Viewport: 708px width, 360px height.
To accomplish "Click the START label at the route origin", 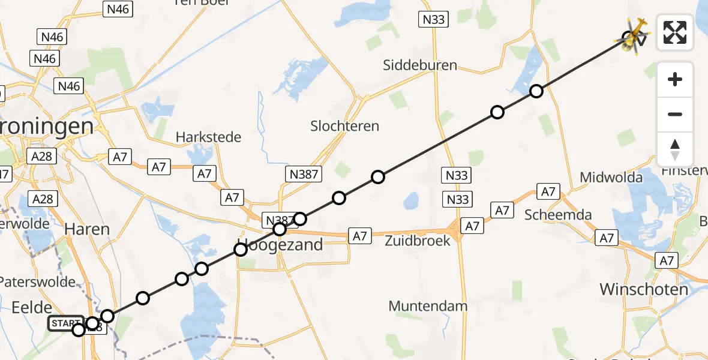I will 65,323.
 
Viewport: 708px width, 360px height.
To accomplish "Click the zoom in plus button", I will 675,79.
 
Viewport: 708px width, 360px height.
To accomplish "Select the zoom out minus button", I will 675,114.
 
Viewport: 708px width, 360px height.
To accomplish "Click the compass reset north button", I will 675,149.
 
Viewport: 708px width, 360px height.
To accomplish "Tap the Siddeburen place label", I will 420,65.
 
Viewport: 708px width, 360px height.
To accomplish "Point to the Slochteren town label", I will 344,126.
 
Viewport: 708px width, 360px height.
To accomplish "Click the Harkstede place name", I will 208,137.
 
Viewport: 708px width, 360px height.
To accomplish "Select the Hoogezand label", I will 280,245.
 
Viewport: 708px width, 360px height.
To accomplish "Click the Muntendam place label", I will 428,306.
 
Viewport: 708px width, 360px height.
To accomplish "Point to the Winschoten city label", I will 644,290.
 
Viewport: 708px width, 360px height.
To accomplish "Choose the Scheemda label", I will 558,215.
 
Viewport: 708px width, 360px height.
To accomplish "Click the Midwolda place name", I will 611,177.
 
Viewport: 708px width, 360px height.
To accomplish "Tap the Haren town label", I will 87,229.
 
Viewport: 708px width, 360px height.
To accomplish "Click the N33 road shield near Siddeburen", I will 433,20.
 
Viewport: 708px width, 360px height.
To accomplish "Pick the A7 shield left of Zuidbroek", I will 359,236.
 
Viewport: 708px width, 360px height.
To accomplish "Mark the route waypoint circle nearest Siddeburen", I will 497,112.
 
